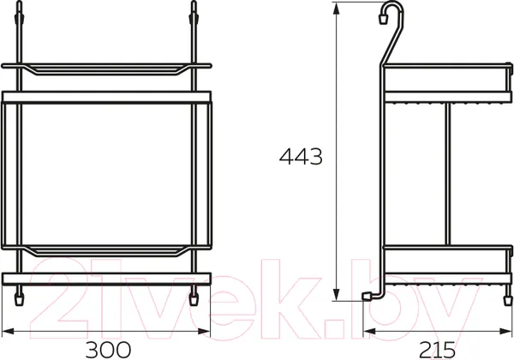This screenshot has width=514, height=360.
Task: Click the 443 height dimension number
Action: pyautogui.click(x=301, y=156)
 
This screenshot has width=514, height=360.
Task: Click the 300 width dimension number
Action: pyautogui.click(x=108, y=350)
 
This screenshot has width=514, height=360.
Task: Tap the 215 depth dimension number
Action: pyautogui.click(x=437, y=350)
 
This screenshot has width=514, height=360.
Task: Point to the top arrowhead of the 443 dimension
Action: pyautogui.click(x=336, y=9)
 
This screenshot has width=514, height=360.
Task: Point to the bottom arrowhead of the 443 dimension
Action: pyautogui.click(x=336, y=294)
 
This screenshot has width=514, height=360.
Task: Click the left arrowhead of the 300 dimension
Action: pyautogui.click(x=8, y=332)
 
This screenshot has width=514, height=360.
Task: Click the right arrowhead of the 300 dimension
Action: pyautogui.click(x=204, y=332)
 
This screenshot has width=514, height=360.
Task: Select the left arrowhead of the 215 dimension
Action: pyautogui.click(x=369, y=332)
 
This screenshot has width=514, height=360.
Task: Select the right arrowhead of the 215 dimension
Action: pyautogui.click(x=505, y=332)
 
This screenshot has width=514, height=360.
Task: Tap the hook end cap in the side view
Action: pyautogui.click(x=383, y=19)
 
